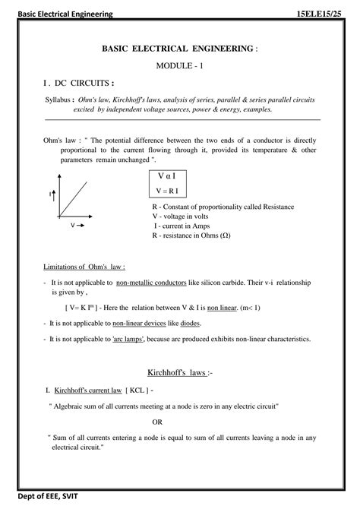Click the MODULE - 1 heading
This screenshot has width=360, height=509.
(180, 66)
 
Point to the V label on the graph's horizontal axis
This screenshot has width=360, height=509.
(73, 226)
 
